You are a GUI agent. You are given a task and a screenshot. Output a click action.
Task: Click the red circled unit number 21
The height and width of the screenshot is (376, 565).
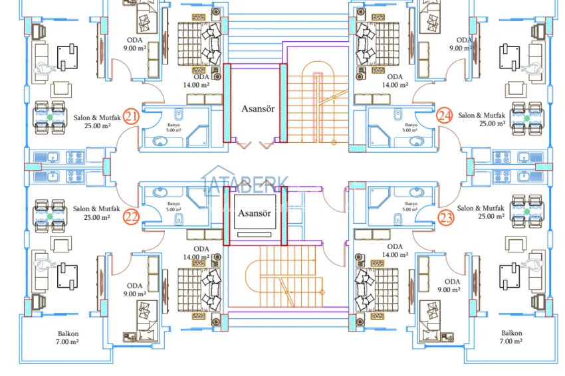(x=131, y=118)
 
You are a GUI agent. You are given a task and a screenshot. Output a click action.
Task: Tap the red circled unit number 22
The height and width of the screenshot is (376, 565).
(x=131, y=217)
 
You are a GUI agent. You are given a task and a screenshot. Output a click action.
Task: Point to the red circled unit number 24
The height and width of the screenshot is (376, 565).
(x=445, y=117)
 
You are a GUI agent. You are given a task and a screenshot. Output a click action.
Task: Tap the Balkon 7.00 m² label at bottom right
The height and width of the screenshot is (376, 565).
(x=511, y=337)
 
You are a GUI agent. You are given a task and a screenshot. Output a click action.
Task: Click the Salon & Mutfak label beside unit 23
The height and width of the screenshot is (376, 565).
(x=481, y=212)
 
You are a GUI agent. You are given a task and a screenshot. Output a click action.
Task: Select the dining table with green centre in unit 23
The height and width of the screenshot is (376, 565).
(x=527, y=211)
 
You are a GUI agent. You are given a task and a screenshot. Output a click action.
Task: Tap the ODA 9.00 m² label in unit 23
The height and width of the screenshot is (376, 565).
(x=452, y=285)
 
